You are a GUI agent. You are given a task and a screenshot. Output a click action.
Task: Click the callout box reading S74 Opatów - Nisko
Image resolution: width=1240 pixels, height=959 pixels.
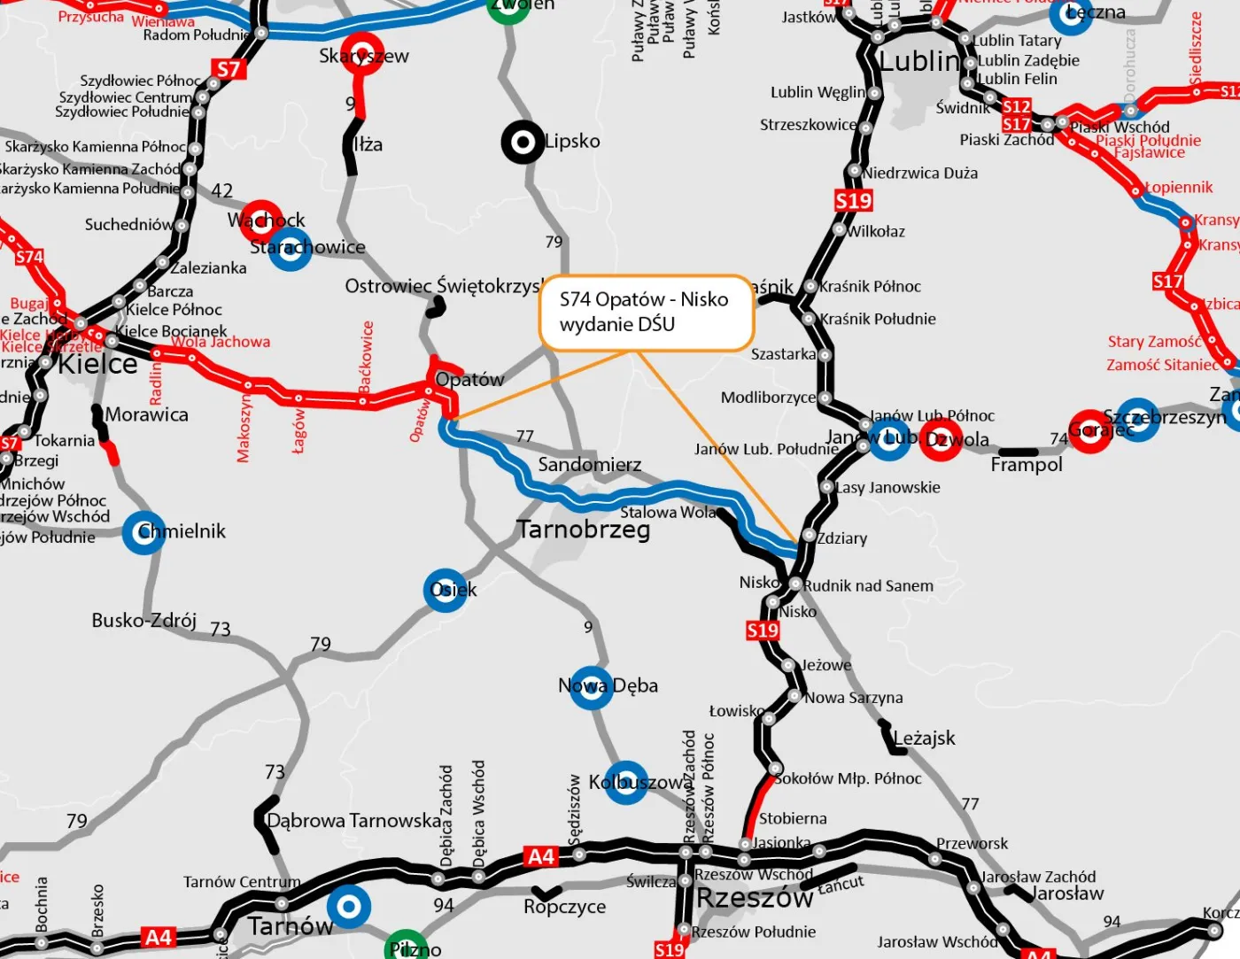click(x=646, y=312)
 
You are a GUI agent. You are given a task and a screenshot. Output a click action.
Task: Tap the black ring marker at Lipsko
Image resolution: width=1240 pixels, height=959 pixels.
click(x=523, y=142)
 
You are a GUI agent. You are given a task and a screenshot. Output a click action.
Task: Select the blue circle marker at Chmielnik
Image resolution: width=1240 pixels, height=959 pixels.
click(x=143, y=532)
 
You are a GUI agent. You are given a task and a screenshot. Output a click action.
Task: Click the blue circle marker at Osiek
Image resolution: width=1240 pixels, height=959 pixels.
click(x=446, y=591)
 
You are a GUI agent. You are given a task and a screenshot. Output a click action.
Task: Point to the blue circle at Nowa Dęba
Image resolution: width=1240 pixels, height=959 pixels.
click(x=591, y=687)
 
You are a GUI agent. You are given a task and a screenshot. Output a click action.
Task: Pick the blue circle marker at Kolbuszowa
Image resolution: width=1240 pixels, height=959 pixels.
click(x=626, y=782)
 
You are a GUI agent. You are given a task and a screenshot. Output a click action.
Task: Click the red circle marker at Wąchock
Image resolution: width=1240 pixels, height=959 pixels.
click(x=261, y=221)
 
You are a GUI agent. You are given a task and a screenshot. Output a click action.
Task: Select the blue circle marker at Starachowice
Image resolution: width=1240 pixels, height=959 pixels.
click(x=291, y=248)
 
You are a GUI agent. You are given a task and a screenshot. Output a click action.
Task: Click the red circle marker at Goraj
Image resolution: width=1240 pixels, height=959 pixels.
click(x=1089, y=432)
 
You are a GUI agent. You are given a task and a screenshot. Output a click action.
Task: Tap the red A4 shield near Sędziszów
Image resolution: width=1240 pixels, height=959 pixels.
click(x=540, y=856)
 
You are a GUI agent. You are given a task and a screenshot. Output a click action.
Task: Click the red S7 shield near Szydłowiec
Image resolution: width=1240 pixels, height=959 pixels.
click(x=228, y=69)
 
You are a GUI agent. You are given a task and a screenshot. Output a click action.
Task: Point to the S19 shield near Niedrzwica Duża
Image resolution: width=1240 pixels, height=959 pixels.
click(x=853, y=201)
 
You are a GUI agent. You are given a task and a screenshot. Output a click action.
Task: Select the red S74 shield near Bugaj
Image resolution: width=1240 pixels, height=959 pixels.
click(x=28, y=257)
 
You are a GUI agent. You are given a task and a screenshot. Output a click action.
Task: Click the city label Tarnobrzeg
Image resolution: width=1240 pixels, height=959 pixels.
click(x=584, y=530)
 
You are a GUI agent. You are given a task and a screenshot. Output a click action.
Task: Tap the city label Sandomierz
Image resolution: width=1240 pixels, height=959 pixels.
click(x=589, y=465)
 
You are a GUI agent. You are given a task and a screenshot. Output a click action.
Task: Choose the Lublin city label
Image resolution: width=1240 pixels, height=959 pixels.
click(x=919, y=61)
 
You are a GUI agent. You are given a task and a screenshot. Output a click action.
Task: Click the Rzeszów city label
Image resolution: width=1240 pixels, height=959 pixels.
click(x=755, y=898)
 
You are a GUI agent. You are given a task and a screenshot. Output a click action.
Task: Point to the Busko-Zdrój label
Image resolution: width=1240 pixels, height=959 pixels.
click(x=143, y=620)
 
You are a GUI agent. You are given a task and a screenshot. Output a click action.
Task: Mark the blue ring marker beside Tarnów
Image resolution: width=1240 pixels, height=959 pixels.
click(x=349, y=907)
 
